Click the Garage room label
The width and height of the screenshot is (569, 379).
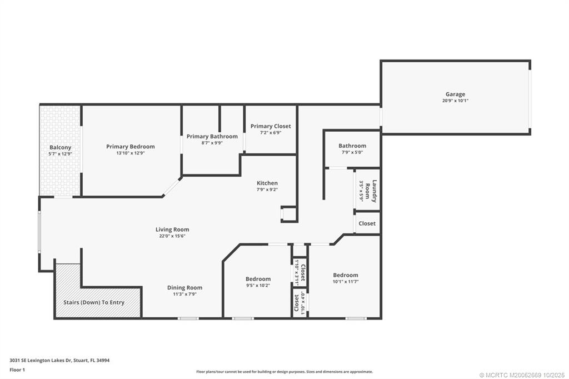tap(455, 94)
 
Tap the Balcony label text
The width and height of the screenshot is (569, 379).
tap(60, 147)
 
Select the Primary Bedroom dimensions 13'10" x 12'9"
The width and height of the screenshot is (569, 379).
tap(131, 153)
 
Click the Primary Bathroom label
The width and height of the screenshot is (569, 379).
tap(212, 136)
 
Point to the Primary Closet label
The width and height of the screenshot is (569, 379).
tap(270, 126)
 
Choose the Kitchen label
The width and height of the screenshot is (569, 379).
tap(267, 183)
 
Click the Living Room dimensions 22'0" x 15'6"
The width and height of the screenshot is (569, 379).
tap(172, 236)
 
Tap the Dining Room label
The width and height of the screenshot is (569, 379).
tap(184, 287)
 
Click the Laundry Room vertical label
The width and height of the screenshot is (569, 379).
tap(375, 191)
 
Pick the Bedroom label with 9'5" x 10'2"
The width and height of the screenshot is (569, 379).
tap(258, 279)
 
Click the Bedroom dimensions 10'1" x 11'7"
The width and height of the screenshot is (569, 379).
tap(345, 282)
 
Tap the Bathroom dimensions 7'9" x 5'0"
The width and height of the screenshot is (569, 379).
tap(352, 152)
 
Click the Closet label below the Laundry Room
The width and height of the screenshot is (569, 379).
tap(367, 223)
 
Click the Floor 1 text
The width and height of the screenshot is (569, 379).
tap(18, 369)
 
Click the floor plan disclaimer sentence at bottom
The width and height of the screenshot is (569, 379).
tap(284, 372)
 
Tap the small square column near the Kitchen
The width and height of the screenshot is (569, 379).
tap(289, 214)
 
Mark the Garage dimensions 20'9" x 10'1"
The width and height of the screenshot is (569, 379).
tap(455, 101)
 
